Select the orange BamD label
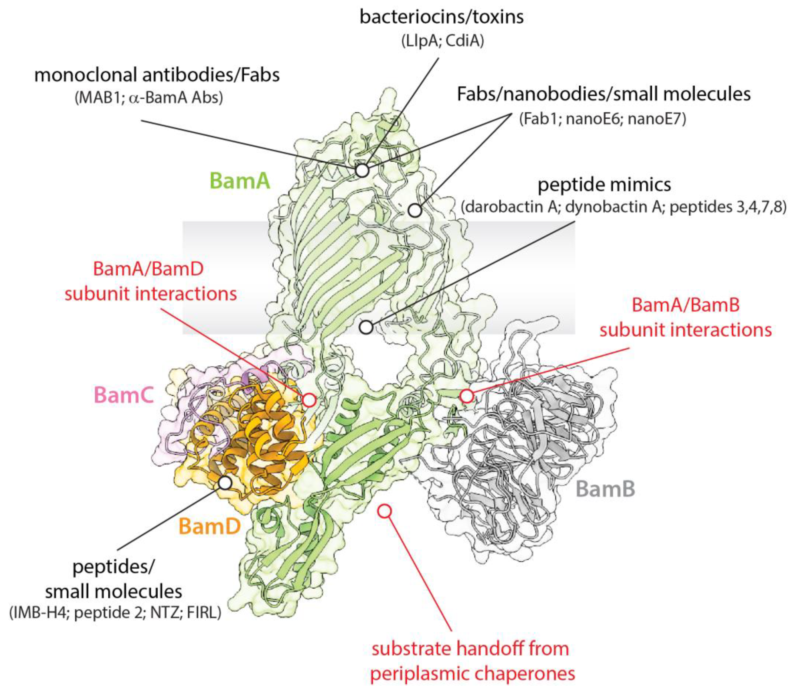click(x=210, y=526)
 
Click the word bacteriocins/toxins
click(x=441, y=17)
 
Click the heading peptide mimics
click(x=604, y=185)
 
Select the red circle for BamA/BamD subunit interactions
click(x=309, y=400)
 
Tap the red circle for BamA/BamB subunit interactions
click(x=467, y=396)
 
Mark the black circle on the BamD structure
click(x=225, y=482)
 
